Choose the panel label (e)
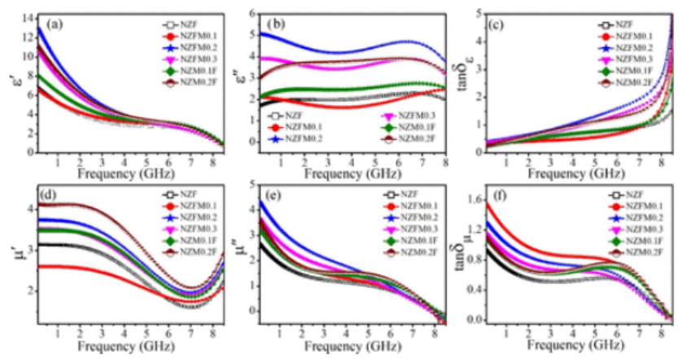[x=279, y=196]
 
